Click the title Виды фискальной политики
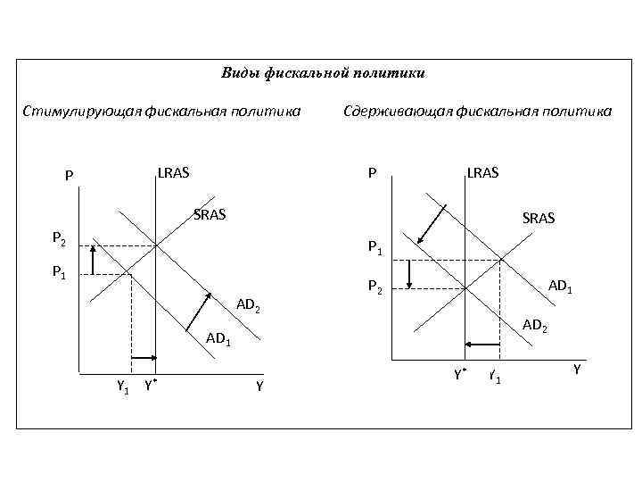[x=322, y=72]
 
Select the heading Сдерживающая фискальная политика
[x=477, y=111]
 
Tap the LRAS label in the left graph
[x=174, y=171]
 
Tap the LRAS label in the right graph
[x=482, y=171]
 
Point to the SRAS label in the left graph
[x=210, y=214]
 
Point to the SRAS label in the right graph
[x=539, y=217]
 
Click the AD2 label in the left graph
[x=248, y=307]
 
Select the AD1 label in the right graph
[x=561, y=287]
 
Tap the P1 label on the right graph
[x=375, y=249]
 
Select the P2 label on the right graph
[x=375, y=287]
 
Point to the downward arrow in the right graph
[x=407, y=274]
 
